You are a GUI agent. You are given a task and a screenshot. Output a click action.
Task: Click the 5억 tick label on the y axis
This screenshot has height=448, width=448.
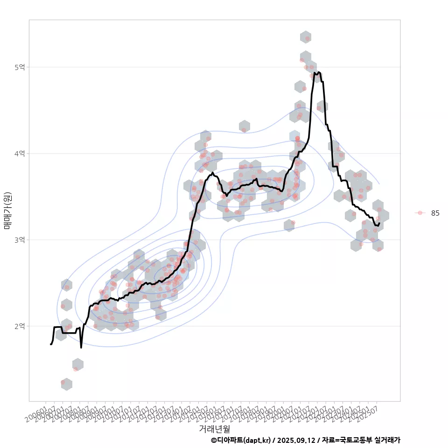20,67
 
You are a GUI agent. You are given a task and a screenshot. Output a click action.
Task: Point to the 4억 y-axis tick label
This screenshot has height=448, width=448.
20,154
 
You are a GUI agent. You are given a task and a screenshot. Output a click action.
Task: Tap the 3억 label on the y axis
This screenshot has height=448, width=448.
20,240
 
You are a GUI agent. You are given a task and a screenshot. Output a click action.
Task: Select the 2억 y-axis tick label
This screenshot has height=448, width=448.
20,326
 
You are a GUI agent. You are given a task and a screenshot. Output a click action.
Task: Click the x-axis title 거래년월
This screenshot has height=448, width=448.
214,428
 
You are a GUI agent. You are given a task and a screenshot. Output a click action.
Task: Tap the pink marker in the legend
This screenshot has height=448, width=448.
420,213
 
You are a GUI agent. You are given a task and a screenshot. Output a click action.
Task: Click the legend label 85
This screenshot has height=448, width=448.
435,213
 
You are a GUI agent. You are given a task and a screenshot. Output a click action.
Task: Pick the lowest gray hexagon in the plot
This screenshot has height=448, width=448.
66,384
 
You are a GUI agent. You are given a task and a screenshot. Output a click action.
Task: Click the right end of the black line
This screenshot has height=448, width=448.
380,223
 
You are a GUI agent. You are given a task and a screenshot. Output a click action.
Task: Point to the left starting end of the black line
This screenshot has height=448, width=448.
50,344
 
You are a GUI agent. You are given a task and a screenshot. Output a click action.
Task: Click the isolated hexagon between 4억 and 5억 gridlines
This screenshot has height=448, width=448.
244,126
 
